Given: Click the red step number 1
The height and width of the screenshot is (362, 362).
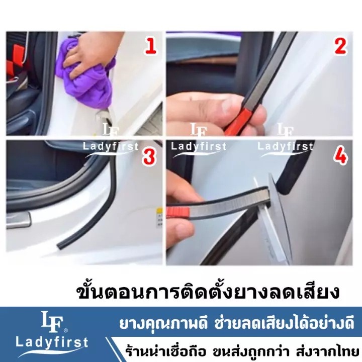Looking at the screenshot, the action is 150,46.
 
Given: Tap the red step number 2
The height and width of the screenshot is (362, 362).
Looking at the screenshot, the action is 341,46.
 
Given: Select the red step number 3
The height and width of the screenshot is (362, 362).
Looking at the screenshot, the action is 149,157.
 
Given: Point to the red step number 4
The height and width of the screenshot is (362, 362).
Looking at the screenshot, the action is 340,157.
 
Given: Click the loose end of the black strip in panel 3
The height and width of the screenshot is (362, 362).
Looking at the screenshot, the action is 58,244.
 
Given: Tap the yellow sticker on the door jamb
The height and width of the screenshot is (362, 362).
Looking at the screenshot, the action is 159,211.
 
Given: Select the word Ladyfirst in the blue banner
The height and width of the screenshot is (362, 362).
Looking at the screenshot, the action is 52,342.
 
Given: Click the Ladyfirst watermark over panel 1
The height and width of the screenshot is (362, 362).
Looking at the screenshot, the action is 111,147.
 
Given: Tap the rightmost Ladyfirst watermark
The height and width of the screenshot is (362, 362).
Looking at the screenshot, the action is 286,147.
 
